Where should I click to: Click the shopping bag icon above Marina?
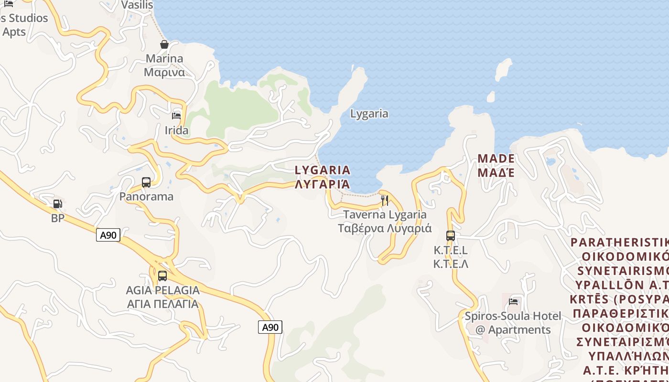[x=164, y=44]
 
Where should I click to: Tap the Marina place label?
[x=164, y=65]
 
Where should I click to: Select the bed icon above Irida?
[x=176, y=116]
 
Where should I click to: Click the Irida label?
[x=176, y=130]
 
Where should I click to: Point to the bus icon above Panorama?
[x=146, y=182]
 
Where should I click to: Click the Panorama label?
[x=146, y=196]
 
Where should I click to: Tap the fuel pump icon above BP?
[x=57, y=204]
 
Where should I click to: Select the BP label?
[x=57, y=218]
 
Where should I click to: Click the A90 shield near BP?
[x=108, y=235]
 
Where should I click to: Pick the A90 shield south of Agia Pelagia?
[x=270, y=327]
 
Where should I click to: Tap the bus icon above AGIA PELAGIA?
[x=162, y=276]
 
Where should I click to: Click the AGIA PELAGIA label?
[x=162, y=297]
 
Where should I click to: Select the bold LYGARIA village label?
[x=323, y=177]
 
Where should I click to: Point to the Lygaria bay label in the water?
[x=369, y=114]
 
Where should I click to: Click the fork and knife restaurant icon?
[x=385, y=201]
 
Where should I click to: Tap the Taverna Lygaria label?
[x=385, y=221]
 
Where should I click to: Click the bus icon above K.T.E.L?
[x=451, y=235]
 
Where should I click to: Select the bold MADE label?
[x=496, y=165]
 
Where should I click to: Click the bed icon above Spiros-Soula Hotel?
[x=514, y=301]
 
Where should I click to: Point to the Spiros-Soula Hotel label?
[x=513, y=323]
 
